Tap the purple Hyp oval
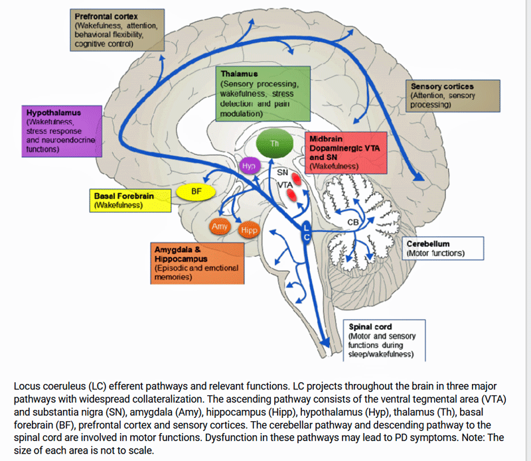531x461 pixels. coord(249,166)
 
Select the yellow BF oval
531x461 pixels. coord(196,192)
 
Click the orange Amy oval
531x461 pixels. coord(219,227)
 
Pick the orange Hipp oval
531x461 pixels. coord(249,230)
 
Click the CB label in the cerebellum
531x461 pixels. coord(353,223)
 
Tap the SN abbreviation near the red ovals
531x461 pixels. coord(283,172)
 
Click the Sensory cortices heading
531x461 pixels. coord(442,86)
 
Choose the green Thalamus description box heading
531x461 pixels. coord(239,73)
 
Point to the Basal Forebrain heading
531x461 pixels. coord(125,197)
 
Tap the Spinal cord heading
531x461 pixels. coord(370,326)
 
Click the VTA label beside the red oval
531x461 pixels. coord(285,185)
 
